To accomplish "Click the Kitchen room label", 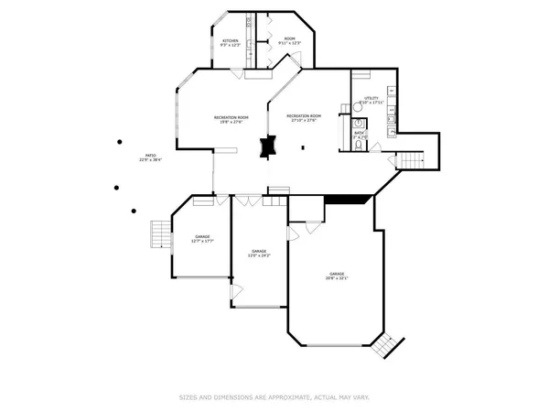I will click(x=231, y=43).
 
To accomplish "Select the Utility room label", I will click(x=371, y=100).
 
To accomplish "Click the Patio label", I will click(x=151, y=160).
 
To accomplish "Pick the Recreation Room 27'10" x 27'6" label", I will click(x=304, y=118).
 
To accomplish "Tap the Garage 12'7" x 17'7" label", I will click(x=201, y=240).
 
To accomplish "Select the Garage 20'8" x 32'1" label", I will click(x=338, y=276).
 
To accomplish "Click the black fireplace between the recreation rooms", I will click(x=267, y=147).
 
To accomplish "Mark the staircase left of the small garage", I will click(x=161, y=235).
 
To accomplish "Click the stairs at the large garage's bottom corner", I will click(x=387, y=346).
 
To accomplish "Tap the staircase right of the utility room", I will click(x=411, y=160).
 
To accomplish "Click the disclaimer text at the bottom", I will click(x=274, y=397).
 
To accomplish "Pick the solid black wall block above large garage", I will click(x=349, y=199).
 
